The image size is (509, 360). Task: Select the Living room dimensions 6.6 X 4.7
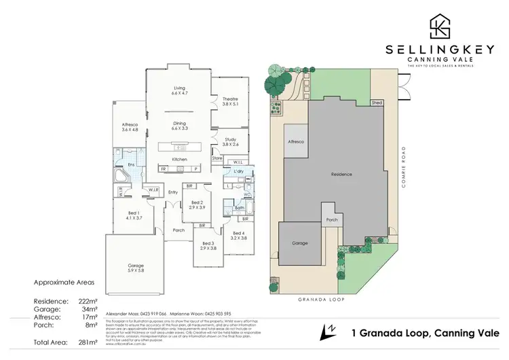pyautogui.click(x=179, y=94)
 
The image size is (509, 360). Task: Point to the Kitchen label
pyautogui.click(x=179, y=159)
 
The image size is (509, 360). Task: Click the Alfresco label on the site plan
pyautogui.click(x=297, y=141)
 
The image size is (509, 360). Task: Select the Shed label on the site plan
pyautogui.click(x=377, y=103)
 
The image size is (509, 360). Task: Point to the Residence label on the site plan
pyautogui.click(x=341, y=175)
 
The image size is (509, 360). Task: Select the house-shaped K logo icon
pyautogui.click(x=439, y=26)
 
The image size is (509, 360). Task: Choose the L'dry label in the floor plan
pyautogui.click(x=238, y=170)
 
